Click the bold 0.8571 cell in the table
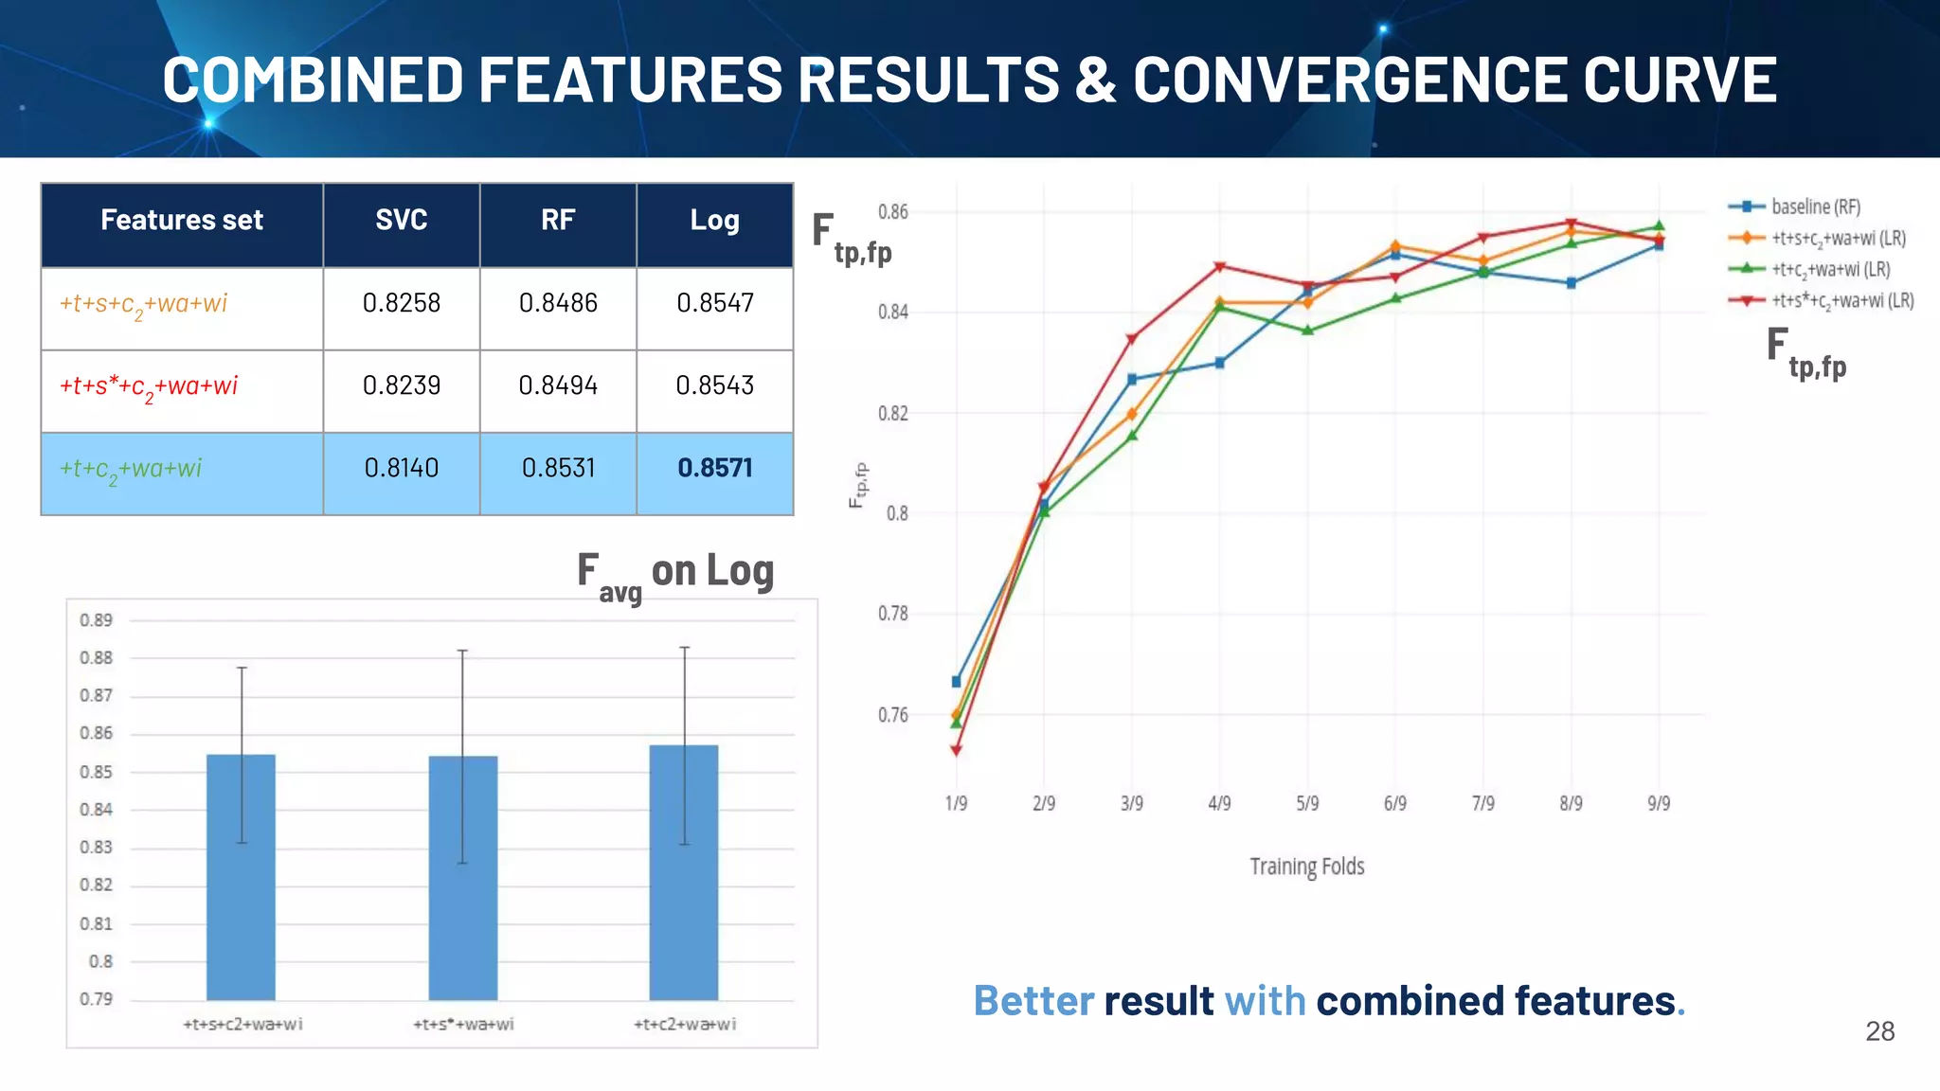(714, 468)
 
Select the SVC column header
(401, 220)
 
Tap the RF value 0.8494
(558, 385)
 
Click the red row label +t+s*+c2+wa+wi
(149, 386)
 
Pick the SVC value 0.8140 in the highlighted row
(401, 468)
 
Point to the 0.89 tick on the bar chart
(96, 620)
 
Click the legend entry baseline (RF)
(1814, 206)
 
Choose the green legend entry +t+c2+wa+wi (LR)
(1829, 270)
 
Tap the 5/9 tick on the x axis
(1307, 803)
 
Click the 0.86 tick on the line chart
(892, 211)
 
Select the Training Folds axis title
(1306, 867)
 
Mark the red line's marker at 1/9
(956, 751)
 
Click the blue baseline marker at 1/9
(956, 682)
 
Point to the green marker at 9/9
(1659, 225)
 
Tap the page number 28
(1879, 1031)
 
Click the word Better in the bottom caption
(1033, 1001)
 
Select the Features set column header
(182, 220)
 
